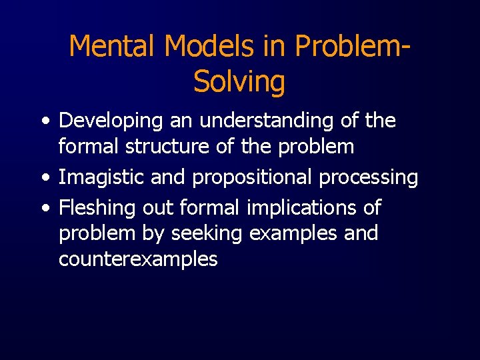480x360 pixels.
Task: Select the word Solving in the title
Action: coord(239,81)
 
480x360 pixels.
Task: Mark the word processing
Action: coord(369,177)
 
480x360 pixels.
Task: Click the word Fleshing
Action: coord(98,207)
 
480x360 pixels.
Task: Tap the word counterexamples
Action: coord(138,259)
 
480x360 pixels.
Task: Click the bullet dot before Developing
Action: coord(44,122)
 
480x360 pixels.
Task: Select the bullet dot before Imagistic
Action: coord(44,178)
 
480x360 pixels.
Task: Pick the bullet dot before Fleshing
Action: coord(44,208)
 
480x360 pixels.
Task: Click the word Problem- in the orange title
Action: coord(351,46)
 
